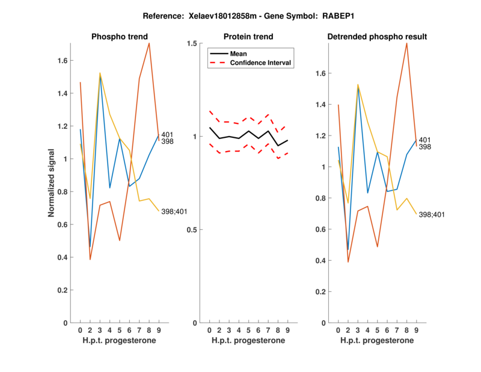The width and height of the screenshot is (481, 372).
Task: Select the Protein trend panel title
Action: coord(248,37)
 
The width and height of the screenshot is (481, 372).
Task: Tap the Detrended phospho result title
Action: coord(377,37)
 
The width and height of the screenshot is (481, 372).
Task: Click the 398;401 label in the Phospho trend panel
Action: coord(174,211)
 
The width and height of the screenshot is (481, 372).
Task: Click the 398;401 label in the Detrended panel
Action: coord(431,215)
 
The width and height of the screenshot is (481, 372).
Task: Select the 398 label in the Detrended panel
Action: coord(424,147)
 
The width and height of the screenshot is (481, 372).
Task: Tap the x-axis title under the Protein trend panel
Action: coord(248,341)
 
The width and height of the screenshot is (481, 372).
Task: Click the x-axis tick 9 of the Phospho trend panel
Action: coord(159,330)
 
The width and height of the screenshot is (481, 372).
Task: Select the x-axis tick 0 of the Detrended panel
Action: coord(338,330)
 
